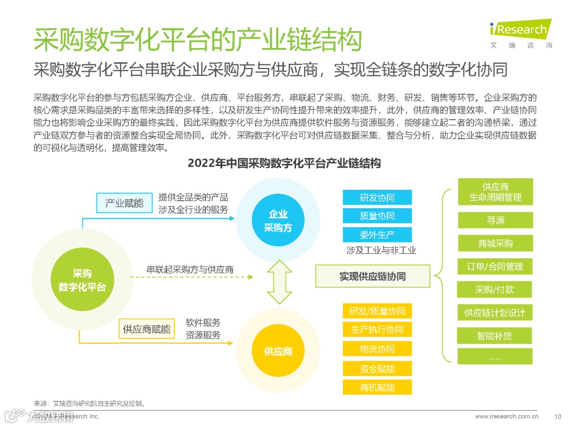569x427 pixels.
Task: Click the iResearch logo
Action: [x=519, y=33]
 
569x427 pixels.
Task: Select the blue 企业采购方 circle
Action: [x=278, y=221]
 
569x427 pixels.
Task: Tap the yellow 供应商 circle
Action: [x=278, y=351]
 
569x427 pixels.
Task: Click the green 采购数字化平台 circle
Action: [x=82, y=280]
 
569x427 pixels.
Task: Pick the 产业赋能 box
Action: [x=124, y=203]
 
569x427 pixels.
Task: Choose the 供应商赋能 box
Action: [x=146, y=329]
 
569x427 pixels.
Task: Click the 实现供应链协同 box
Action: [x=372, y=276]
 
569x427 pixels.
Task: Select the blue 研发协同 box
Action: [x=377, y=198]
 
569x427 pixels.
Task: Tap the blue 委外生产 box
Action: [x=377, y=235]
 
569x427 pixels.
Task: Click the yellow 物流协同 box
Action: [x=377, y=349]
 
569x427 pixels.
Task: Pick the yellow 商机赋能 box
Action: [x=377, y=387]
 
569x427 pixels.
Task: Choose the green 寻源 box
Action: [x=495, y=220]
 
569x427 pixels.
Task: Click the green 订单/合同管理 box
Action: [x=495, y=267]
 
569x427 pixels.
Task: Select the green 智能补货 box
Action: [x=495, y=335]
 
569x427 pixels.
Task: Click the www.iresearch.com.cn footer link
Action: [x=506, y=416]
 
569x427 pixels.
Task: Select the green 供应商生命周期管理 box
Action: [x=495, y=192]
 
